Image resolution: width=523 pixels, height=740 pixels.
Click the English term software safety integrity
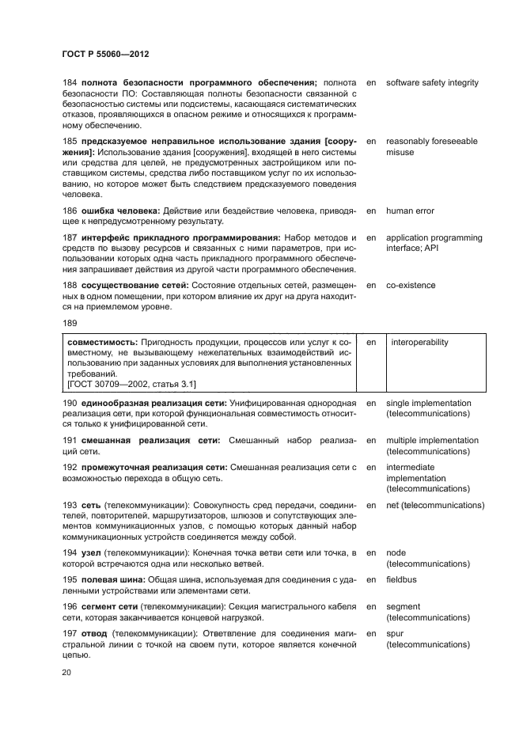click(432, 83)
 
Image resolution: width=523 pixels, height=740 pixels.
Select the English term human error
click(410, 211)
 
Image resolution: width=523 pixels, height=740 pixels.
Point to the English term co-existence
click(410, 285)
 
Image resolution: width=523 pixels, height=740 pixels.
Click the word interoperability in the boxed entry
click(419, 343)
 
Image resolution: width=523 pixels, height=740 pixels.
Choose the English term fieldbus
click(403, 579)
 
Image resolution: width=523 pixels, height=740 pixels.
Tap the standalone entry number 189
click(69, 323)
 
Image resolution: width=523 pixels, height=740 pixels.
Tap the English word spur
click(394, 634)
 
